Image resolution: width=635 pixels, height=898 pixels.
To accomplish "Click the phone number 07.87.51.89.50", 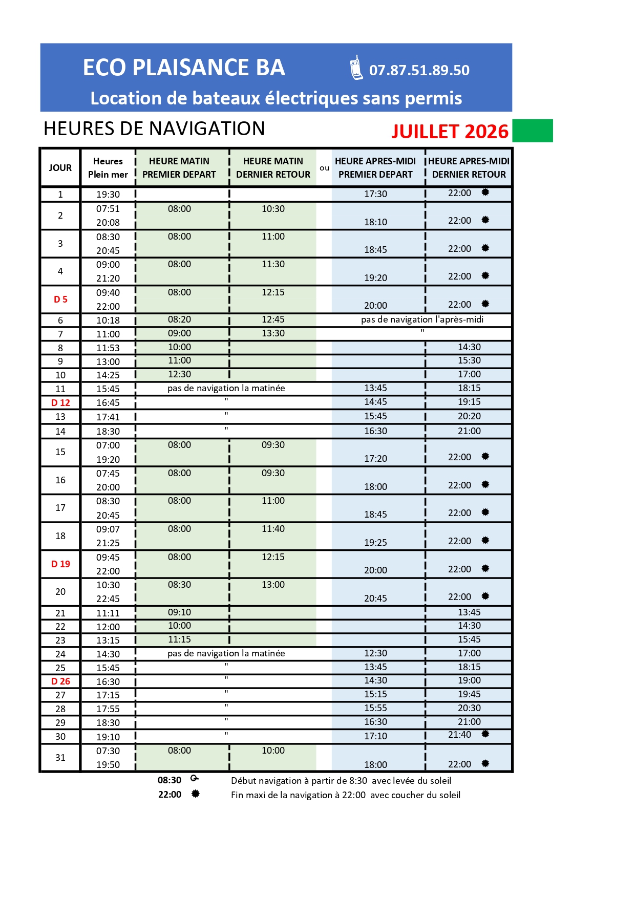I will click(419, 70).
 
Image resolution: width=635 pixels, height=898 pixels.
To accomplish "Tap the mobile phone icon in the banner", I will click(356, 68).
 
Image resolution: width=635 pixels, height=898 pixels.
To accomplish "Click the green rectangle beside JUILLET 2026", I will click(532, 131).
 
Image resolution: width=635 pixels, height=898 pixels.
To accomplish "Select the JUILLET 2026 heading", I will click(450, 132).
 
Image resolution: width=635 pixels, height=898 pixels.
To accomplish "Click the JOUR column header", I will click(60, 168).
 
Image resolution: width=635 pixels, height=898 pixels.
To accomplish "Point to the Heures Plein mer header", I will click(108, 168).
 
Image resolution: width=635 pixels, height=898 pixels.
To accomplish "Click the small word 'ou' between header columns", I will click(324, 168).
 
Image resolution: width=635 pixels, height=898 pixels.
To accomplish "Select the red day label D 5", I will click(60, 300).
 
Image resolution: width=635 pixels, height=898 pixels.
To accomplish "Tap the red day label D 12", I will click(60, 403).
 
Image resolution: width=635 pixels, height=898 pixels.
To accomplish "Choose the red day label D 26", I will click(60, 681).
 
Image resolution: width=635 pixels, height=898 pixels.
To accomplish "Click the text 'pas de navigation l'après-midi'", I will click(422, 320).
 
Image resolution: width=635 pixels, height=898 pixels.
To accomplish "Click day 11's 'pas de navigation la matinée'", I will click(226, 389).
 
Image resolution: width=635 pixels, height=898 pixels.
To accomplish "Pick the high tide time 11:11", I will click(108, 613).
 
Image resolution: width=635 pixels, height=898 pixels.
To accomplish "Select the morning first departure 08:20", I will click(179, 320).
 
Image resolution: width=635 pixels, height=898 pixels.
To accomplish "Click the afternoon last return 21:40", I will click(459, 735).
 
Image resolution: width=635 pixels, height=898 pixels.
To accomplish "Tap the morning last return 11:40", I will click(273, 529).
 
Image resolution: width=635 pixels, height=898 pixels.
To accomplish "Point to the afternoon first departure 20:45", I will click(375, 598).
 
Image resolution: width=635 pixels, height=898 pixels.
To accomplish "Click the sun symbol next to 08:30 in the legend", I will click(195, 779).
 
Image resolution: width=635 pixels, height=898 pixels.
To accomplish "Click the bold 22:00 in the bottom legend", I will click(170, 795).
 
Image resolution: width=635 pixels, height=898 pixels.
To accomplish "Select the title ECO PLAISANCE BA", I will click(184, 68).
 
